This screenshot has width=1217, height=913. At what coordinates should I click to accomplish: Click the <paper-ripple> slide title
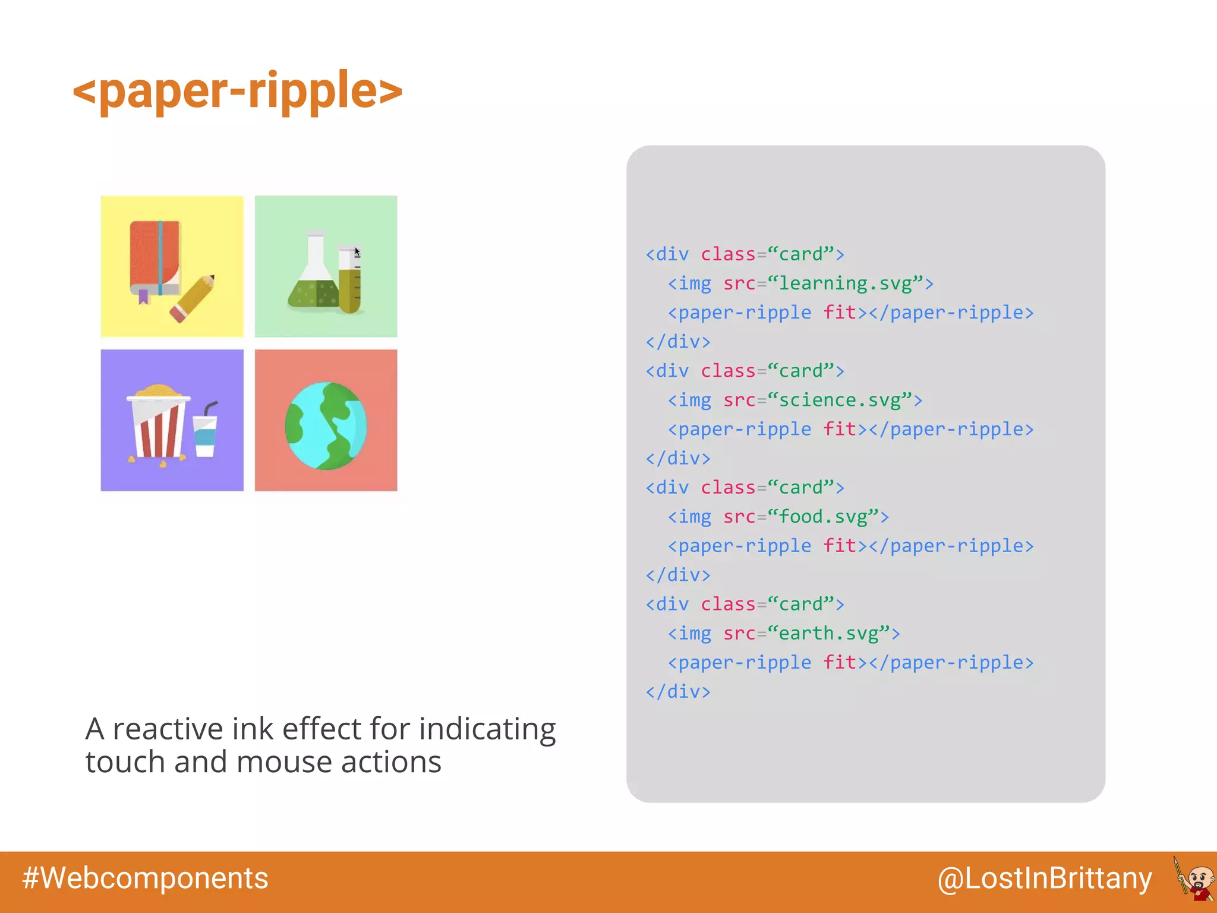(x=238, y=90)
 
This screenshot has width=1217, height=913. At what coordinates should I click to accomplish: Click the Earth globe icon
(x=326, y=426)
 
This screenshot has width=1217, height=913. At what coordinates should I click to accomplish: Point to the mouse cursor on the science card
(x=357, y=252)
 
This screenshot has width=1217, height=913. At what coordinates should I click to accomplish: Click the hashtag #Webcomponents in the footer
(x=145, y=878)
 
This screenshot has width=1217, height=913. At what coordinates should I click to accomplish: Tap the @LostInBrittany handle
(x=1044, y=878)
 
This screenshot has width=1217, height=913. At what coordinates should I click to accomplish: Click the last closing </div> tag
(x=678, y=691)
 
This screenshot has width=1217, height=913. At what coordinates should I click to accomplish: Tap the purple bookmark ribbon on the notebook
(x=143, y=296)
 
